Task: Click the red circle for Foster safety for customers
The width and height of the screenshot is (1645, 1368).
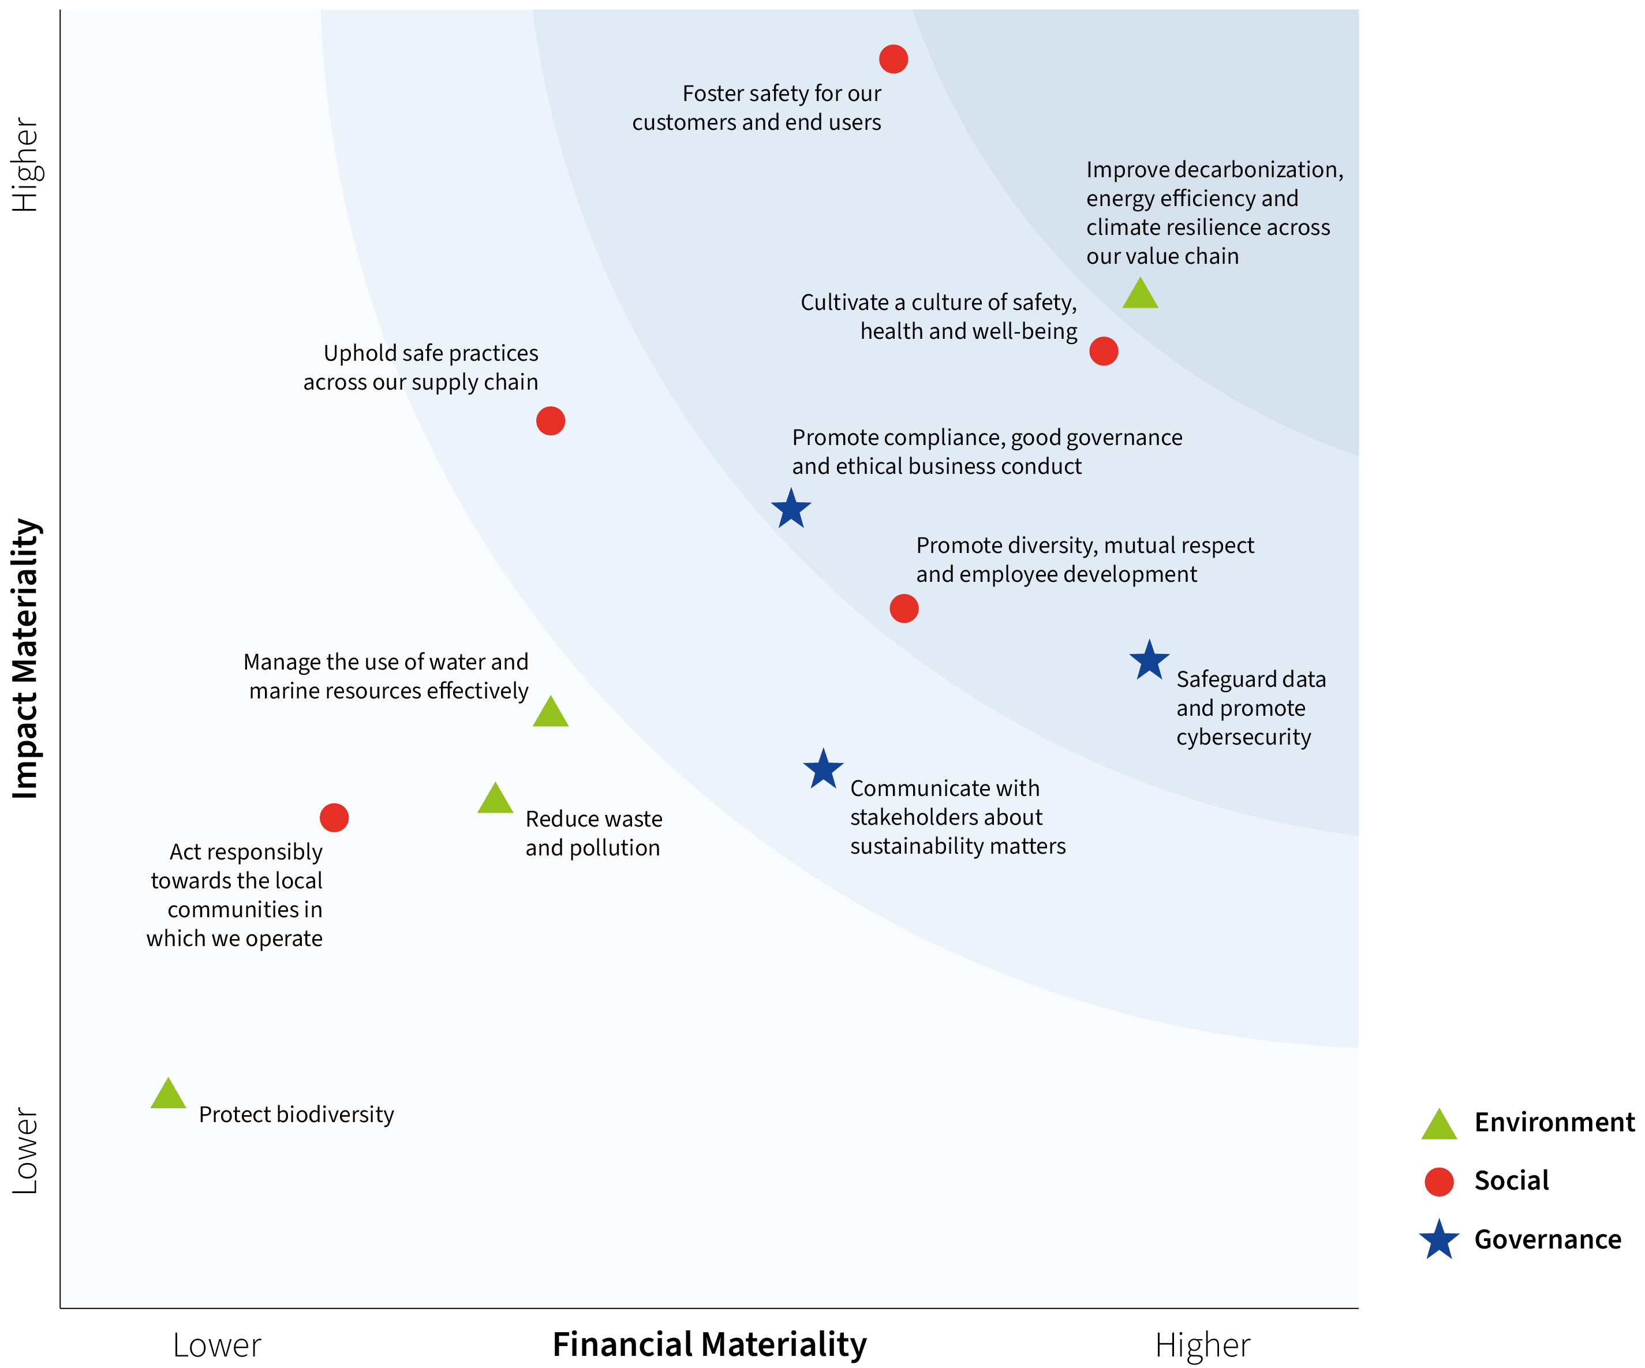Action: point(893,59)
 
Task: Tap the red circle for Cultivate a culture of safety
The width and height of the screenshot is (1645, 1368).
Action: point(1103,351)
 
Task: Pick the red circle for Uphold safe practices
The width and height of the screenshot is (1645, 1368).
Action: point(551,421)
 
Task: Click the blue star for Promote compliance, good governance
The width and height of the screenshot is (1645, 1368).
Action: point(791,509)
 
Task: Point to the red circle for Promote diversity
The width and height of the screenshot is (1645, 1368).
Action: point(904,608)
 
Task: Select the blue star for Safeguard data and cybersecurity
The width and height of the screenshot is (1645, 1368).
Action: point(1149,660)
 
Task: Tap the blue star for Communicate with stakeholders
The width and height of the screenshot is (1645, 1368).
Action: point(823,769)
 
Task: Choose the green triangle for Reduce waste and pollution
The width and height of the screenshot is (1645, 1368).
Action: point(495,800)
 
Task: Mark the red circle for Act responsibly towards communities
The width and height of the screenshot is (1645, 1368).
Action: point(334,817)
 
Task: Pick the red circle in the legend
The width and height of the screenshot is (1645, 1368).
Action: point(1439,1182)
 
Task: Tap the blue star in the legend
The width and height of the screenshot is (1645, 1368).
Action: point(1439,1241)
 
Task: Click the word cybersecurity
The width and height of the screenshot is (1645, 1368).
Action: point(1243,737)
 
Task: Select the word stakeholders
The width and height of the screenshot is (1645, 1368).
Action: point(945,817)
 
